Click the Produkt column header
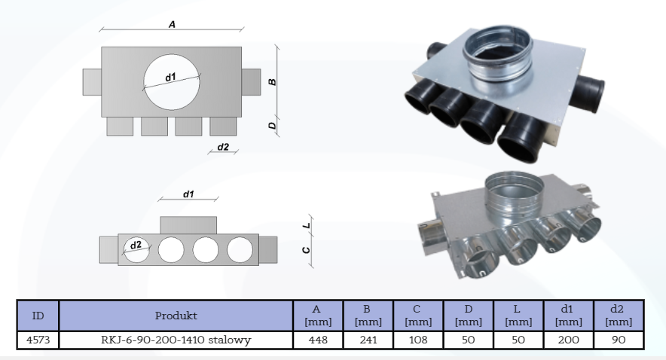[x=176, y=313]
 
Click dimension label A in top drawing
[x=172, y=25]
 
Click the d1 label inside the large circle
[x=171, y=76]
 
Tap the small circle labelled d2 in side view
[x=136, y=249]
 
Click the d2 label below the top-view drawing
[x=223, y=146]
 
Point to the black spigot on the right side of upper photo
[x=594, y=88]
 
